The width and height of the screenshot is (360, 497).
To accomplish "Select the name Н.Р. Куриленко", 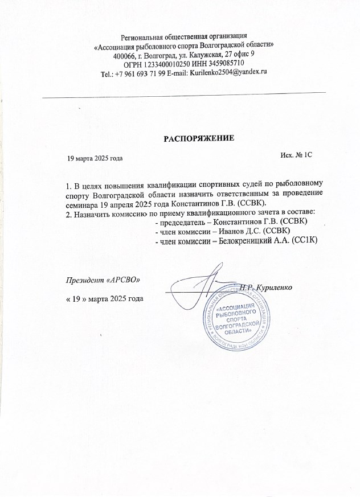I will pos(265,287).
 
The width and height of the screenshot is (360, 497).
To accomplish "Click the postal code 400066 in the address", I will pos(126,55).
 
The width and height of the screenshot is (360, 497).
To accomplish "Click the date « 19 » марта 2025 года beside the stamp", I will pos(105,298).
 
